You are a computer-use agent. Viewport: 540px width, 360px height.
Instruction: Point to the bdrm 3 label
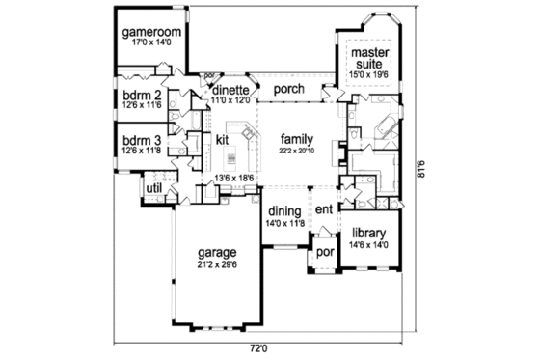[x=141, y=138]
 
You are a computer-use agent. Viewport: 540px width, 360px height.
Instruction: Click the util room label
[x=152, y=186]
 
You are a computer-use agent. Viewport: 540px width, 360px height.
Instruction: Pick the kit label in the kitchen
[x=221, y=140]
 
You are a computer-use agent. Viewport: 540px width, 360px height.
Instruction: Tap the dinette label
[x=231, y=89]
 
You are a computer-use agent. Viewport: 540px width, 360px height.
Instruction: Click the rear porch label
[x=288, y=90]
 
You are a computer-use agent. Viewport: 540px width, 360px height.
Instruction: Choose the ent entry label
[x=323, y=209]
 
